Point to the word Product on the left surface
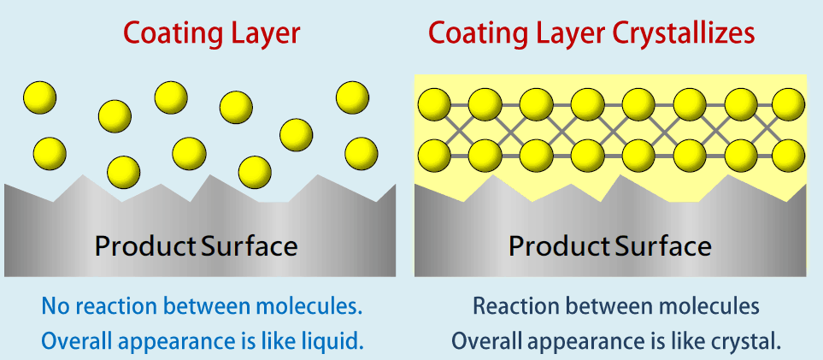click(146, 246)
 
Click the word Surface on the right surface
click(663, 246)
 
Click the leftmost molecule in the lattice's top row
click(434, 104)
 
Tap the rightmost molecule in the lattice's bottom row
click(788, 156)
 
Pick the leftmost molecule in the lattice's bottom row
click(434, 156)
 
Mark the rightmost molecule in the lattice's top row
click(788, 104)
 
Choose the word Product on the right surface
click(560, 246)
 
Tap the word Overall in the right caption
click(484, 341)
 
